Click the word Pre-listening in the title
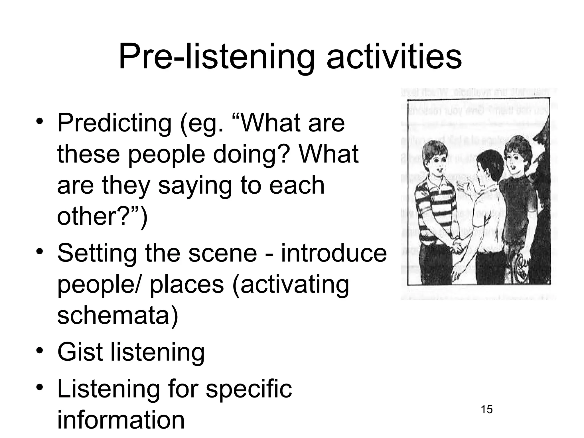pyautogui.click(x=217, y=57)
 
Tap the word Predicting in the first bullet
pyautogui.click(x=114, y=123)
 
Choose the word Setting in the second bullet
pyautogui.click(x=97, y=253)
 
